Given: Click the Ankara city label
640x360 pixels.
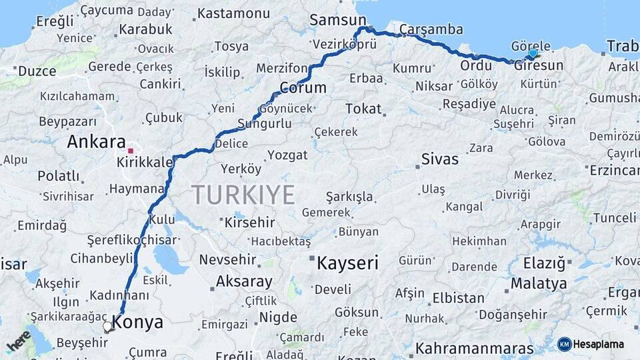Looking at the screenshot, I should [x=96, y=142].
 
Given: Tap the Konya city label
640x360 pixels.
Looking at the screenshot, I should [x=138, y=323].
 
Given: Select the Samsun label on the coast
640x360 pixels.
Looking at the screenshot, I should [x=329, y=20].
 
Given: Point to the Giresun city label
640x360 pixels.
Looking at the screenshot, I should [x=539, y=65].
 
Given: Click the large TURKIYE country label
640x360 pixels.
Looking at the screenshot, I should [x=243, y=195].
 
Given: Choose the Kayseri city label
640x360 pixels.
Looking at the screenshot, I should [x=347, y=263].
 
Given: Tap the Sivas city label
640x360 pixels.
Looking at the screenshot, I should [x=440, y=159].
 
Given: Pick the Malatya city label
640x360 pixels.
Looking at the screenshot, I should [x=539, y=283].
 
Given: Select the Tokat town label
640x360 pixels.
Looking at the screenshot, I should [x=363, y=109].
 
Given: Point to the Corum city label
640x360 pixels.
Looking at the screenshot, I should [x=303, y=88].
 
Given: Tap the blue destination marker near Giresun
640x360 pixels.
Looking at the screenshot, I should [x=533, y=53].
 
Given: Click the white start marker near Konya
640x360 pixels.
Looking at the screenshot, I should [x=107, y=326].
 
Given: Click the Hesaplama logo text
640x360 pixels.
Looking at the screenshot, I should [x=599, y=344].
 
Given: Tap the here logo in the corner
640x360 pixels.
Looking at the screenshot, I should [x=19, y=341].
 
